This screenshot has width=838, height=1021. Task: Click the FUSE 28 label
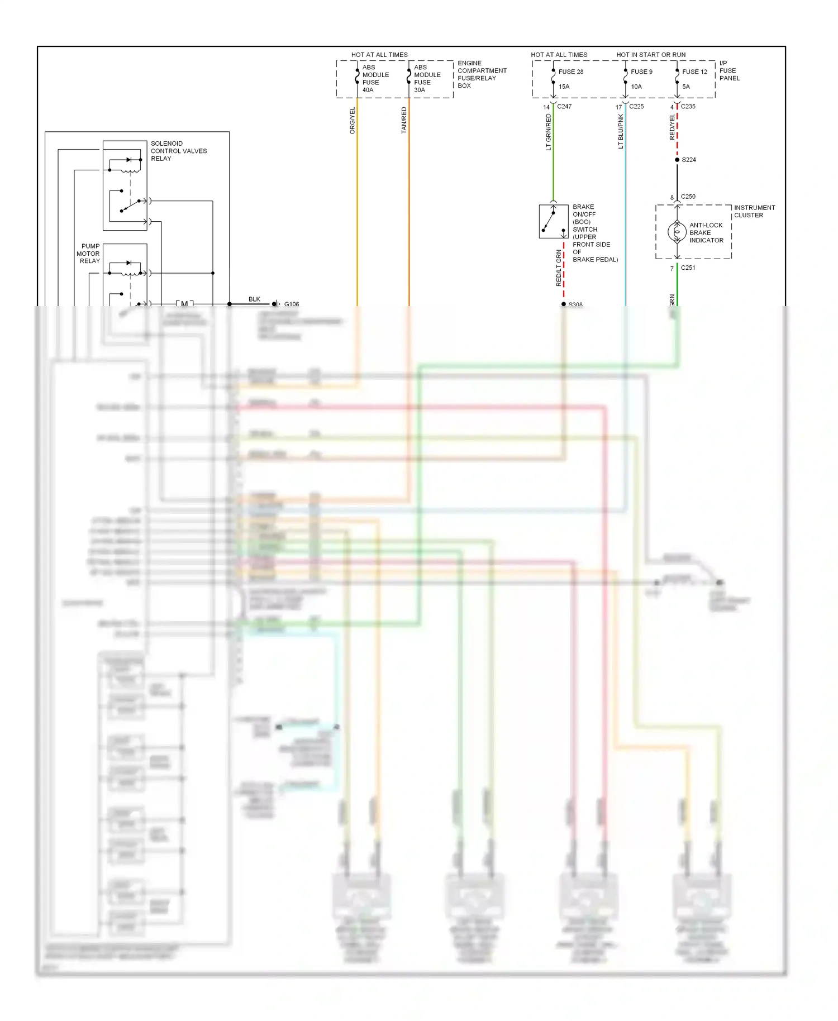coord(570,71)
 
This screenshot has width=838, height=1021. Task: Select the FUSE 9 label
coord(641,71)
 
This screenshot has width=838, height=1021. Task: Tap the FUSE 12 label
coord(694,71)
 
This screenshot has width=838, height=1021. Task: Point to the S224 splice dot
coord(677,160)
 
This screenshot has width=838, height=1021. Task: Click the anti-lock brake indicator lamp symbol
coord(677,232)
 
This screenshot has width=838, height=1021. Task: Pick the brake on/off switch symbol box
coord(553,221)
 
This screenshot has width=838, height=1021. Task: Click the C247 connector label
coord(564,106)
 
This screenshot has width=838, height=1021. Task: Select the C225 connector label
coord(636,106)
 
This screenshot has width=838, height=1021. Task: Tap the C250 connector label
coord(688,197)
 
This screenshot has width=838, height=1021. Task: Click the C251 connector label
coord(688,268)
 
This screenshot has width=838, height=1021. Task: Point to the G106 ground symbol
coord(276,304)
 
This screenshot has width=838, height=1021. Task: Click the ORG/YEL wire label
coord(352,121)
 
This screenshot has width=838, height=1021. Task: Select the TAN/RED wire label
coord(404,120)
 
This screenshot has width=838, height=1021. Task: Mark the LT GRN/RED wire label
coord(548,132)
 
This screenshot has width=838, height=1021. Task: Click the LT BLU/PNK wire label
coord(620,131)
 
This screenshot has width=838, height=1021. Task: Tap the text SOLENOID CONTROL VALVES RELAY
coord(178,151)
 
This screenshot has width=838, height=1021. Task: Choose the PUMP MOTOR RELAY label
coord(89,254)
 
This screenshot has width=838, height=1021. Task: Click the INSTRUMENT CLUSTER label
coord(754,211)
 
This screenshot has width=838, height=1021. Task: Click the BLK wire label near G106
coord(254,299)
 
